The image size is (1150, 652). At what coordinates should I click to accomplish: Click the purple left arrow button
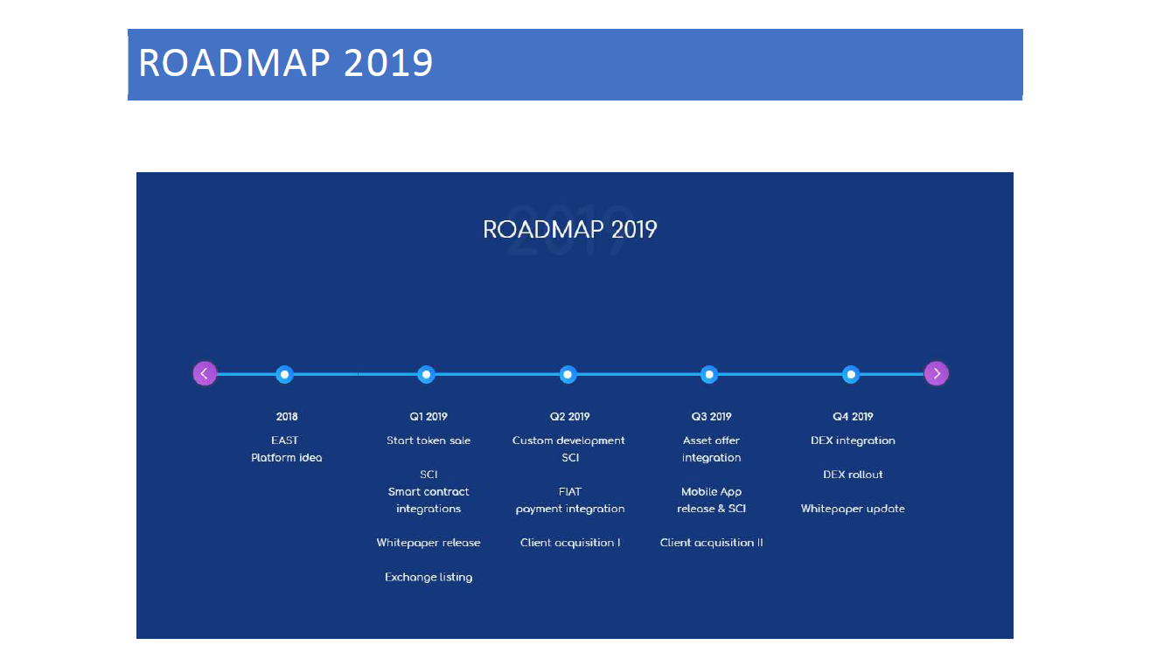point(205,373)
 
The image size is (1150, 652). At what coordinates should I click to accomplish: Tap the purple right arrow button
point(937,373)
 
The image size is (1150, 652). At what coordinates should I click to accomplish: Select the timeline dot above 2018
point(284,374)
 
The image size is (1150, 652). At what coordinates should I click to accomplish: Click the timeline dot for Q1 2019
point(426,374)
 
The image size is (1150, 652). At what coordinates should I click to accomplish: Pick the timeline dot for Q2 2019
point(568,374)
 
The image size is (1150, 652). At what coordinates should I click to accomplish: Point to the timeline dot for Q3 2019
point(709,374)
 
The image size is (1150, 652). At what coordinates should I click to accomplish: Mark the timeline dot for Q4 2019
point(851,374)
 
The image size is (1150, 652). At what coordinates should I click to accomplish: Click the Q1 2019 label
point(429,417)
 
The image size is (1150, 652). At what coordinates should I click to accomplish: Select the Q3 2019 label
point(711,417)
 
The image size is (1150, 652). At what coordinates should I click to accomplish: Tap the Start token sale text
point(429,440)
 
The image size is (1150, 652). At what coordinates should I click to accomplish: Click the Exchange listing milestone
point(429,577)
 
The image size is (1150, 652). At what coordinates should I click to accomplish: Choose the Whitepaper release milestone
point(429,543)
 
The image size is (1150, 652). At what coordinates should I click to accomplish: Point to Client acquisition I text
point(570,543)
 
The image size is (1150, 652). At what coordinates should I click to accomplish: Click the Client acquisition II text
point(711,543)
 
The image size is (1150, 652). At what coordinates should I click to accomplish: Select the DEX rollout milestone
point(853,475)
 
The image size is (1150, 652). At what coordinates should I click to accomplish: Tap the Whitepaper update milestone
point(853,509)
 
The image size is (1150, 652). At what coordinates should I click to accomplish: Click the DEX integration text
point(853,440)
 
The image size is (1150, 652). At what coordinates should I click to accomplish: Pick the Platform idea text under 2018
point(287,458)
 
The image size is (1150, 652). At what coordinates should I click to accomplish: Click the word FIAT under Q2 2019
point(570,491)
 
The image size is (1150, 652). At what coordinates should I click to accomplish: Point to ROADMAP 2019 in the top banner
point(285,63)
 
